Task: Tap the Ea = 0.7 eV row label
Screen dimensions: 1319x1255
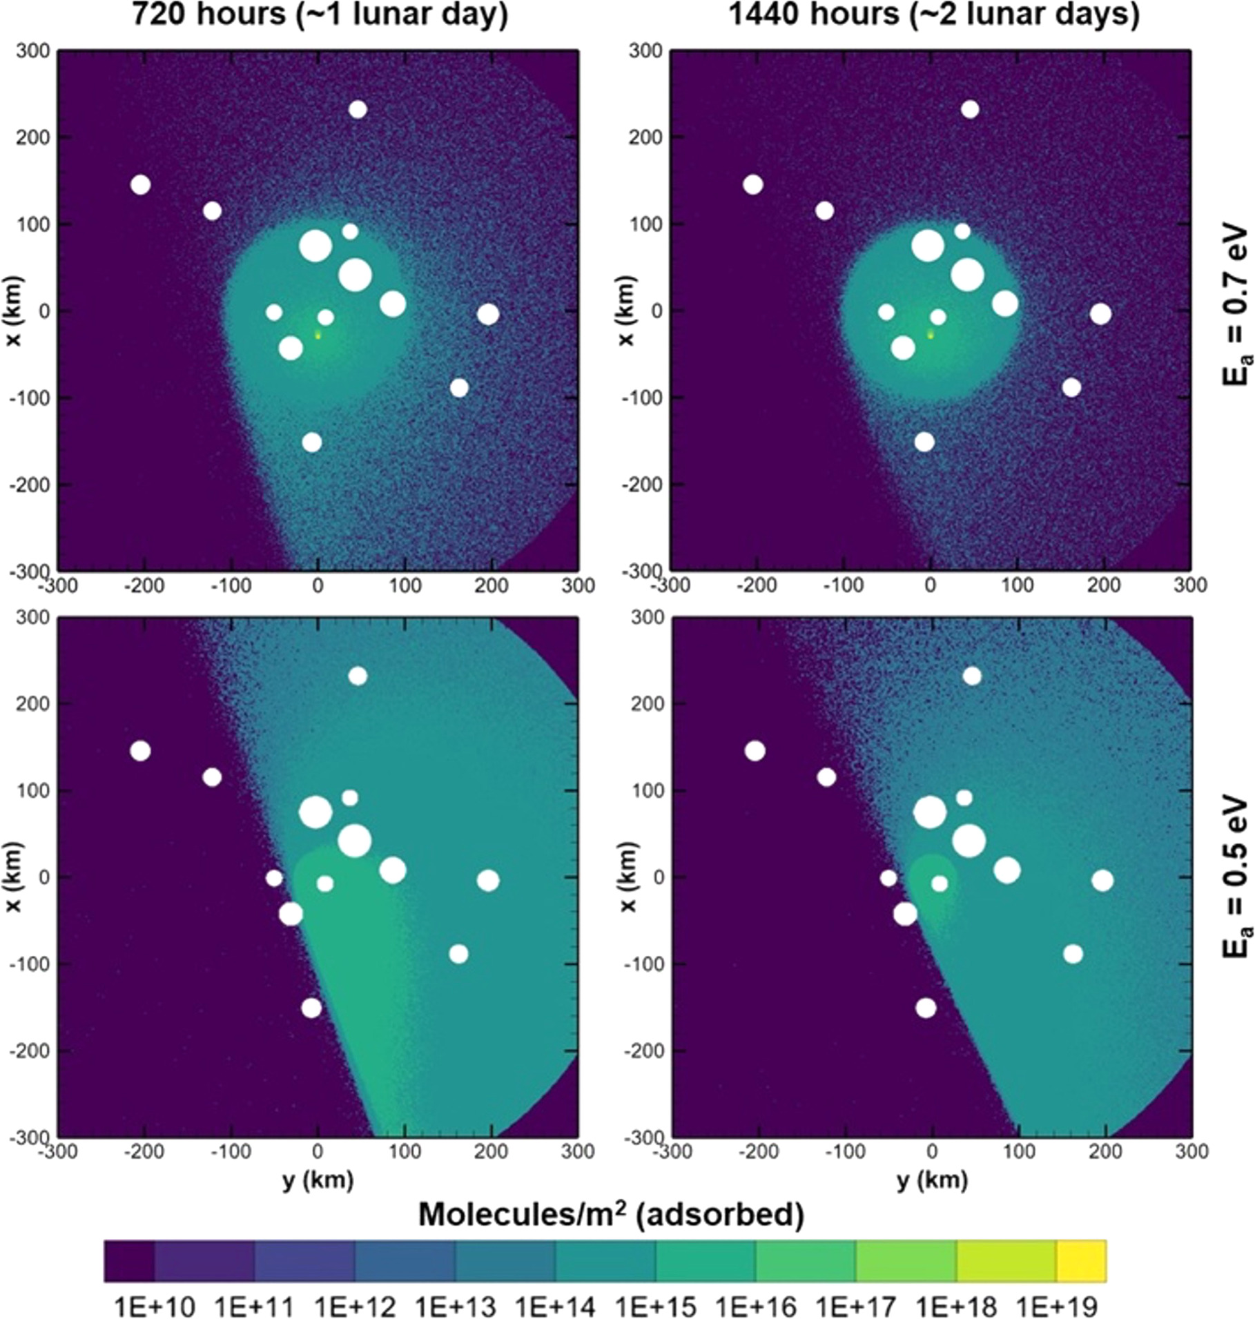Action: pos(1236,304)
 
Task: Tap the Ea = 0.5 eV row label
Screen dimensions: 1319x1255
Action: pos(1236,877)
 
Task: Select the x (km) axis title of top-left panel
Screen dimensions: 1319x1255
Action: pos(14,311)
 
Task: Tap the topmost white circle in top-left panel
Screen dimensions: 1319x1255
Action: pos(358,109)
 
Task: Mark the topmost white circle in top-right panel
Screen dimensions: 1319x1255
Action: pos(970,109)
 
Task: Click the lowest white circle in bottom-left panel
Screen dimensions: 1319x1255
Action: pos(311,1008)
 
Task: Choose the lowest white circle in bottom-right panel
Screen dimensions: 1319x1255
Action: pos(926,1008)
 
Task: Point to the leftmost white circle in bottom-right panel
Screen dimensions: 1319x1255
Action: pos(755,750)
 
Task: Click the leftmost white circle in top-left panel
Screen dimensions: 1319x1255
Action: pos(140,184)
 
